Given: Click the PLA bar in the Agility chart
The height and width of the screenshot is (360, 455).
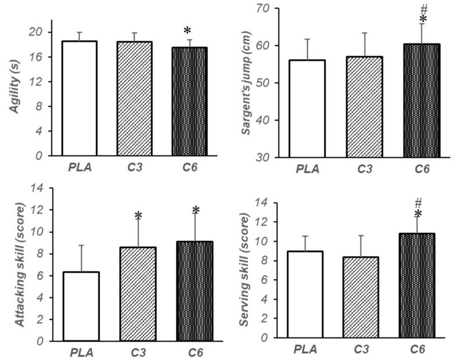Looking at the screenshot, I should point(79,98).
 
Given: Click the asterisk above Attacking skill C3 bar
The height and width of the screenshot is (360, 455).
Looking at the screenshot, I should point(138,216).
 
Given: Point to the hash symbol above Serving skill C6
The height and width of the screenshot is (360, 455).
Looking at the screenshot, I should point(418,202).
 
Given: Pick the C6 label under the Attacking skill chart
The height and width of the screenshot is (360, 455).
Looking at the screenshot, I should point(195,351).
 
